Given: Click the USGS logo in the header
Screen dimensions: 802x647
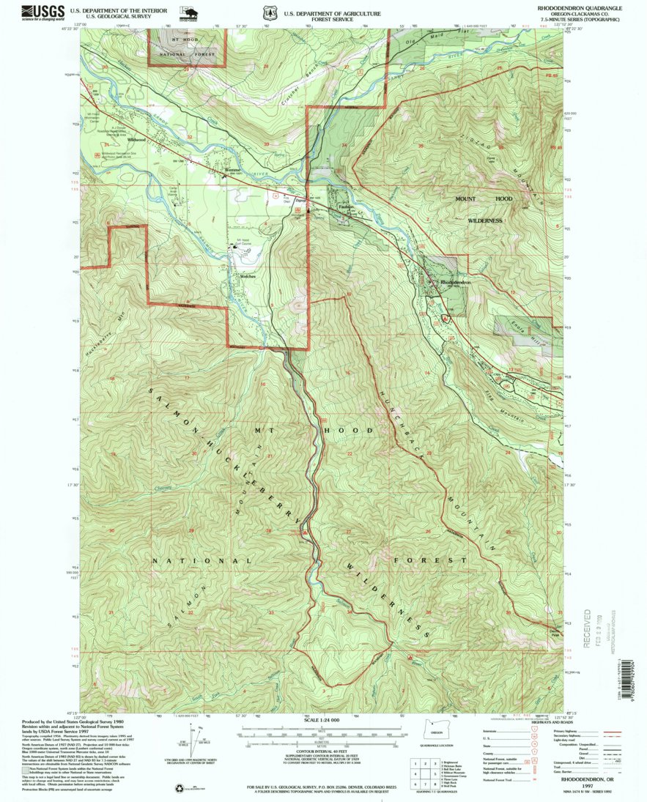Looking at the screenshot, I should click(x=42, y=12).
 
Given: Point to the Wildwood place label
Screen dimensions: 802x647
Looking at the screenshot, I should click(x=136, y=139).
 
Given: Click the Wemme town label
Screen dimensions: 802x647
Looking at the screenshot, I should click(x=232, y=171).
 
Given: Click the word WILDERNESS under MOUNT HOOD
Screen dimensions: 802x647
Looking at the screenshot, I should click(x=481, y=220).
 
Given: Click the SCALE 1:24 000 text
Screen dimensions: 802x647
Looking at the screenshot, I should click(x=320, y=720).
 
